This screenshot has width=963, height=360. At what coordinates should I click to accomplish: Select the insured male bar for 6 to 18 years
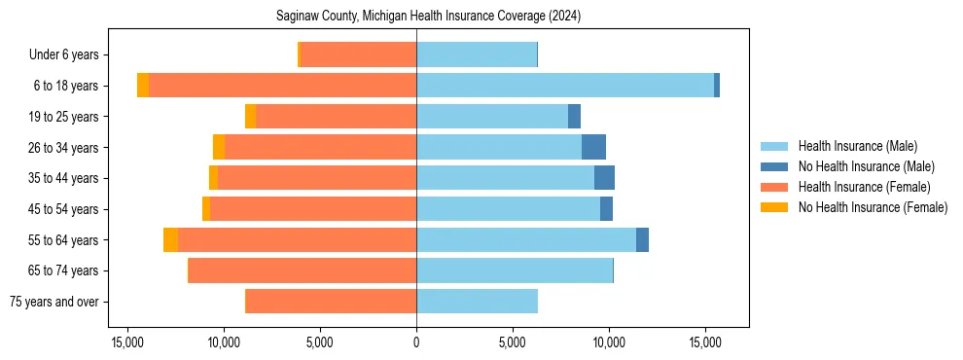coord(565,86)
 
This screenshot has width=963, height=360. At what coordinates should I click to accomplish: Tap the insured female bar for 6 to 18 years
coord(282,86)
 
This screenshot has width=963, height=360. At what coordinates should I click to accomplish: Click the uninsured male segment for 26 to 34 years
coord(593,147)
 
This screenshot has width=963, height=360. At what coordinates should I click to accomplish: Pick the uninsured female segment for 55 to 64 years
coord(170,239)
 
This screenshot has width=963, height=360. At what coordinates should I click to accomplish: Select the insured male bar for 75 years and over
coord(477,302)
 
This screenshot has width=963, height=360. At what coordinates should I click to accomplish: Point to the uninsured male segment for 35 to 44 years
coord(604,178)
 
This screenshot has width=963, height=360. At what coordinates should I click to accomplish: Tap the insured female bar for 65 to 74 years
coord(303,270)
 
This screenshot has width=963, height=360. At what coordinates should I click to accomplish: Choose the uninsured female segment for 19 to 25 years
coord(251,117)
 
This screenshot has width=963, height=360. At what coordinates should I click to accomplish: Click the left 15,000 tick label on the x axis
coord(127,342)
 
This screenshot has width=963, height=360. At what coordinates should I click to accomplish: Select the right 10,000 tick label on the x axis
coord(609,342)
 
